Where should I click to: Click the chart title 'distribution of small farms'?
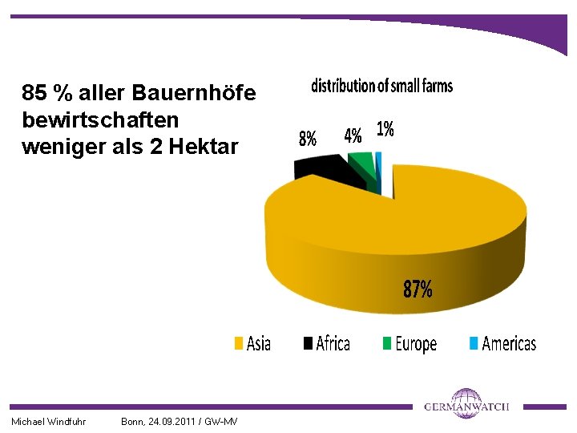[381, 86]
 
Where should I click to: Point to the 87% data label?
[418, 289]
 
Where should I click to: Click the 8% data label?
[307, 138]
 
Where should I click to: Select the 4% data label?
[353, 135]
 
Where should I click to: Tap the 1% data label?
[385, 129]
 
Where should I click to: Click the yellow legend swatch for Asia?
[238, 344]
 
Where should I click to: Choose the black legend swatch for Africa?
[308, 344]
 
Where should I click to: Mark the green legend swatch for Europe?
[387, 344]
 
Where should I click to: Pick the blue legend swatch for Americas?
[473, 344]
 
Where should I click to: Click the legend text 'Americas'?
[509, 344]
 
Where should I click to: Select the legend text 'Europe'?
[416, 345]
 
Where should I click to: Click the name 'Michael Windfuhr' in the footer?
[48, 422]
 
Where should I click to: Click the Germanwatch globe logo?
[465, 403]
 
